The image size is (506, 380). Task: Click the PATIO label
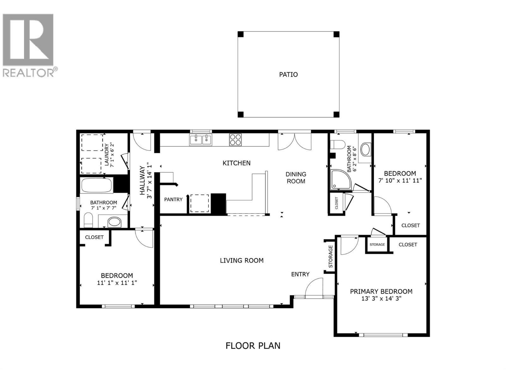click(x=288, y=75)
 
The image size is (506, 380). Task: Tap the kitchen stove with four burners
click(x=235, y=140)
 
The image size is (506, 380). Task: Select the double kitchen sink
click(x=201, y=140)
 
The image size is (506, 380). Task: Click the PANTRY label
click(x=173, y=199)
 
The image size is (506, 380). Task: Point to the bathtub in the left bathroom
click(x=97, y=185)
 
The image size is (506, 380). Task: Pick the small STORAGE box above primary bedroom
click(x=377, y=244)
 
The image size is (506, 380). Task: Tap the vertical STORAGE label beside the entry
click(x=330, y=256)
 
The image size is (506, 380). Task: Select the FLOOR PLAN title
click(x=253, y=345)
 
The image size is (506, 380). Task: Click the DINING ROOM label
click(x=296, y=178)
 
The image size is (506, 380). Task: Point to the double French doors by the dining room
click(x=294, y=142)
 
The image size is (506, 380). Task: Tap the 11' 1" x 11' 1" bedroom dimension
click(x=117, y=283)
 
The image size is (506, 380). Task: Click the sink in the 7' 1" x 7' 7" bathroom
click(x=114, y=222)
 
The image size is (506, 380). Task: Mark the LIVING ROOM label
click(x=242, y=261)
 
